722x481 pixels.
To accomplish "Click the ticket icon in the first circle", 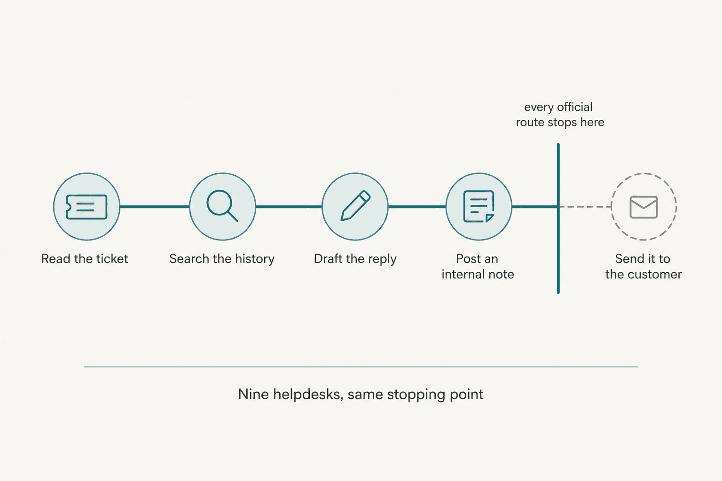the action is pyautogui.click(x=86, y=207).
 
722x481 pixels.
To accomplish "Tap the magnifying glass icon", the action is pyautogui.click(x=222, y=206).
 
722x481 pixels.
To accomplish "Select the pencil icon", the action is pyautogui.click(x=355, y=206).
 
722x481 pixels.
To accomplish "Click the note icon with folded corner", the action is pyautogui.click(x=479, y=207).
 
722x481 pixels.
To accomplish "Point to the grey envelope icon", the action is pyautogui.click(x=644, y=207).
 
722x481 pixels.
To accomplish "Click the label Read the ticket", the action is pyautogui.click(x=85, y=259).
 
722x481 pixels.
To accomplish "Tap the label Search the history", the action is pyautogui.click(x=222, y=259).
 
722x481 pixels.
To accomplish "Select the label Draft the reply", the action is pyautogui.click(x=355, y=259).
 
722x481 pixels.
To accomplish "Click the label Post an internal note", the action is pyautogui.click(x=478, y=266).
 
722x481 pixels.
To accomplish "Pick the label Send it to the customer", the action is pyautogui.click(x=644, y=266).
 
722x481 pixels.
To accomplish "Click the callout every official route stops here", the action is pyautogui.click(x=560, y=115).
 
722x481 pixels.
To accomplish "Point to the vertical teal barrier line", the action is pyautogui.click(x=558, y=218).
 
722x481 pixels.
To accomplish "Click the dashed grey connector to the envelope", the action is pyautogui.click(x=585, y=207).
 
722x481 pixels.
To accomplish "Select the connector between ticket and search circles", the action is pyautogui.click(x=155, y=207).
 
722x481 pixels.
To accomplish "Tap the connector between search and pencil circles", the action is pyautogui.click(x=289, y=207).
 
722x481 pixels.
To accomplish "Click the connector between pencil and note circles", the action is pyautogui.click(x=417, y=207).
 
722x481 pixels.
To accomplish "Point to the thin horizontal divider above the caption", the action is pyautogui.click(x=361, y=367).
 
